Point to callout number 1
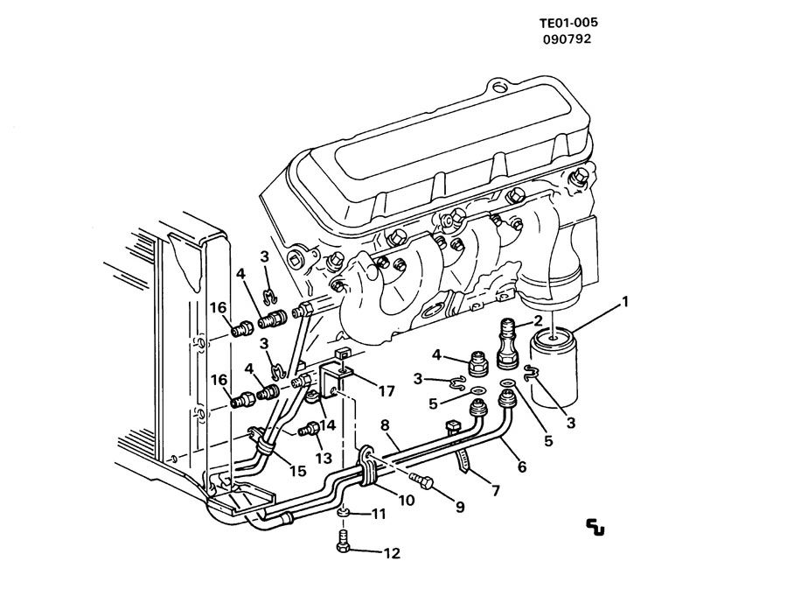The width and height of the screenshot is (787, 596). (x=624, y=303)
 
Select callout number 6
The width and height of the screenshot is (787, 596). (x=522, y=466)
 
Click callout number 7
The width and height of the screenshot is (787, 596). (x=495, y=491)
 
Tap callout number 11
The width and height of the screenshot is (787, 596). (x=379, y=514)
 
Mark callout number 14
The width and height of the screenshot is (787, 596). (x=328, y=426)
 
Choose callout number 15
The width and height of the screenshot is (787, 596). (x=297, y=470)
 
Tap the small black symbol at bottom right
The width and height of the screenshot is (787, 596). (x=596, y=526)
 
